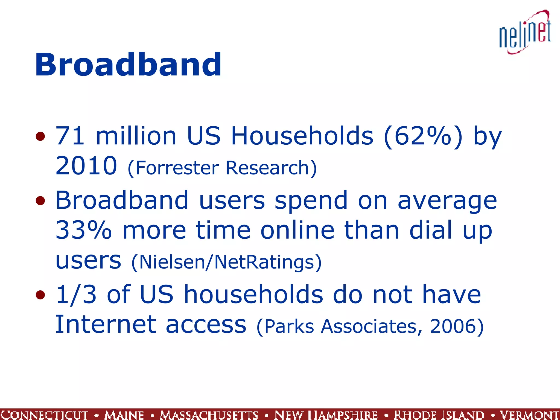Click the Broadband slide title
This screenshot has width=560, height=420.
[x=128, y=65]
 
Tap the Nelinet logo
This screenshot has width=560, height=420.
[x=525, y=33]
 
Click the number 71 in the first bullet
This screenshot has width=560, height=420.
[x=70, y=136]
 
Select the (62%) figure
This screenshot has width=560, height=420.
[x=423, y=136]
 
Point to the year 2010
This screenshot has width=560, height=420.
[x=86, y=166]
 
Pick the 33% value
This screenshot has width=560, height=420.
[x=84, y=230]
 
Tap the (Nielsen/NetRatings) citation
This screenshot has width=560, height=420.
[x=226, y=262]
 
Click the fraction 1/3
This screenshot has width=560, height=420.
[x=76, y=295]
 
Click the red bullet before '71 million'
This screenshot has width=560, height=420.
[x=40, y=136]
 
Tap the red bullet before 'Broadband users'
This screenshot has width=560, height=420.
[x=40, y=201]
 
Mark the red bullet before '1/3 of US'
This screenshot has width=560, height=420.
[x=40, y=295]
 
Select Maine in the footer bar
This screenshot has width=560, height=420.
[x=124, y=415]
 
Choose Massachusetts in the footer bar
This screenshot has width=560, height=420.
[x=209, y=415]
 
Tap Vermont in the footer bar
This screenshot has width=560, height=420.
[x=529, y=415]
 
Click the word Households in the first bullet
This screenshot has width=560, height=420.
[x=302, y=136]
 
